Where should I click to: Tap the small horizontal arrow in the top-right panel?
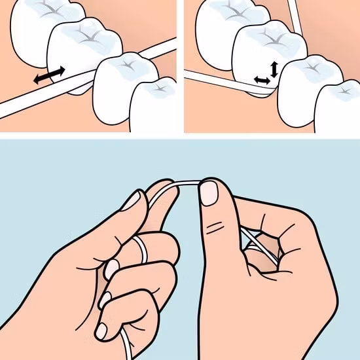(x=262, y=80)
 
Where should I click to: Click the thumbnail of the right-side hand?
(x=208, y=192)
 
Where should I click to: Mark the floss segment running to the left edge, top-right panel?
(x=209, y=79)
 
